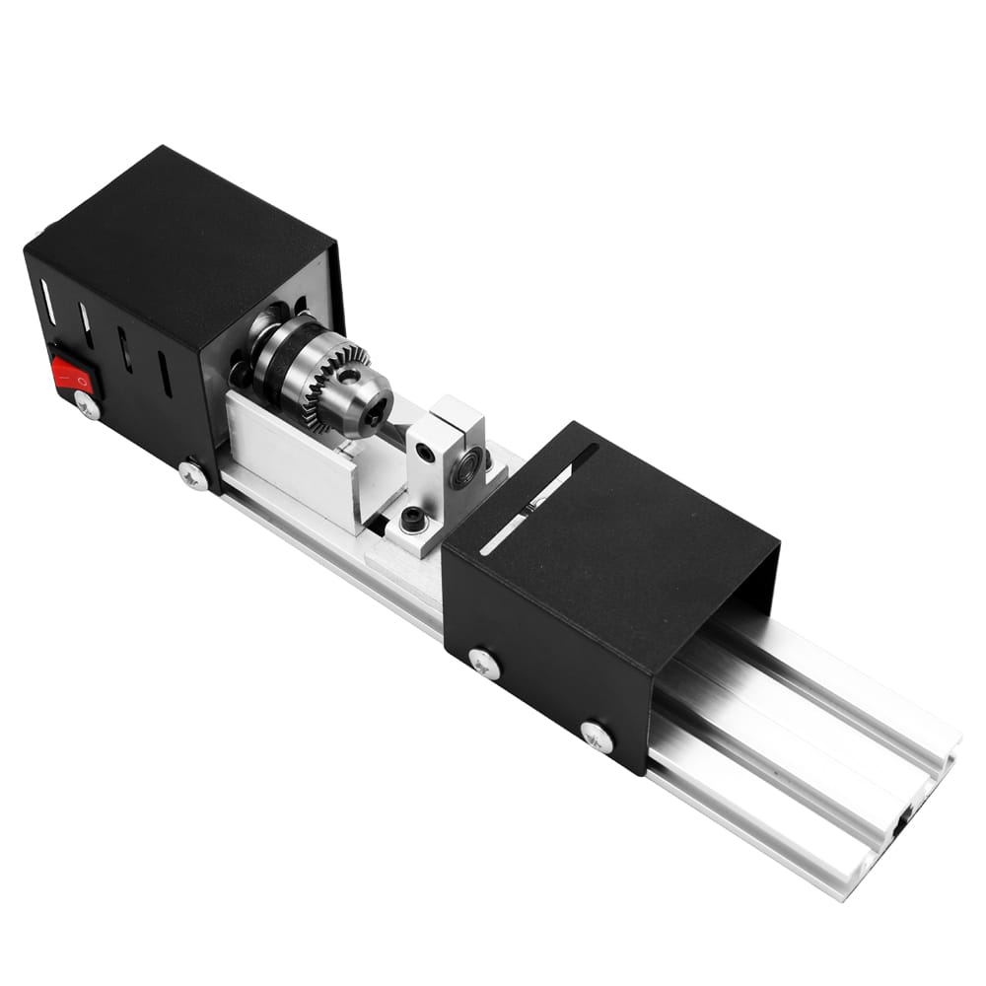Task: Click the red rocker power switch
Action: tap(72, 375)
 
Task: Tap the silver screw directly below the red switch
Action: tap(87, 405)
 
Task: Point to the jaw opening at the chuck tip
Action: tap(376, 418)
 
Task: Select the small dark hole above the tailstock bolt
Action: tap(424, 453)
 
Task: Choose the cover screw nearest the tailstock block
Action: tap(483, 664)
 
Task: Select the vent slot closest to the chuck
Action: tap(164, 374)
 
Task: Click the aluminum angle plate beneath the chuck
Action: tap(291, 463)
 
